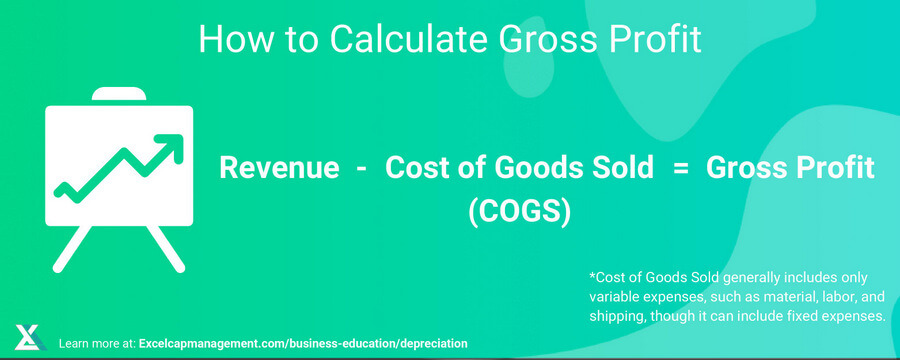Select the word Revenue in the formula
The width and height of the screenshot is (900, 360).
(x=279, y=169)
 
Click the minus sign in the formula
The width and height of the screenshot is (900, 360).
(x=361, y=169)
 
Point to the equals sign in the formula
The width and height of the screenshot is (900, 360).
(x=683, y=169)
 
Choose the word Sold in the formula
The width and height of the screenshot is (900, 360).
(x=618, y=169)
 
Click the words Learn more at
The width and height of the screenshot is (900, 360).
(x=98, y=343)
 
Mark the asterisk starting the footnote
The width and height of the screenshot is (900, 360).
(x=594, y=277)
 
